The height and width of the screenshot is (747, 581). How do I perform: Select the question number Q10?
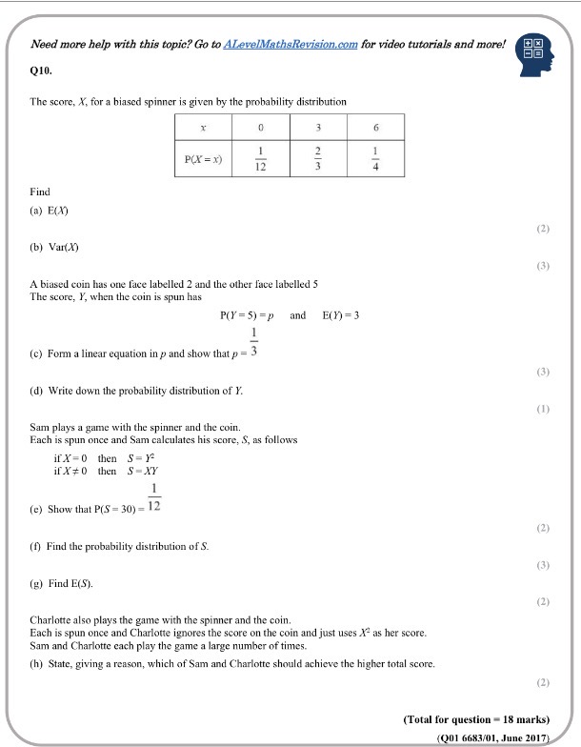click(x=42, y=71)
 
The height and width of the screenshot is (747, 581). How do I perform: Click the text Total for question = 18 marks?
click(x=477, y=717)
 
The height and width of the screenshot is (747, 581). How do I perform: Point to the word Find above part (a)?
click(x=40, y=192)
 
